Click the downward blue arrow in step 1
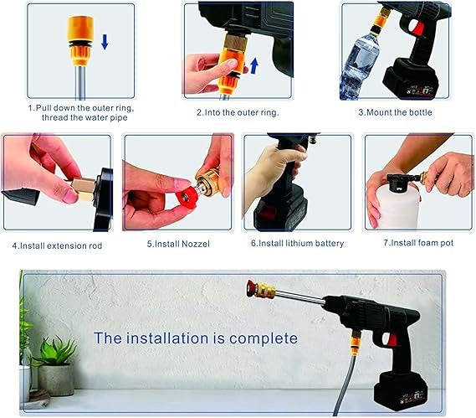104,42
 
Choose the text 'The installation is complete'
195,338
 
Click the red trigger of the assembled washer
389,339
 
